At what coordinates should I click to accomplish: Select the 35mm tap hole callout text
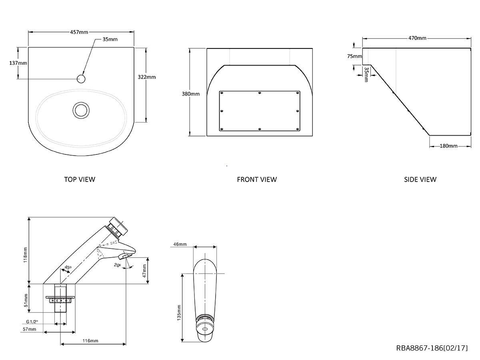coord(110,39)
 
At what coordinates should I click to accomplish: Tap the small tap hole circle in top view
coord(81,78)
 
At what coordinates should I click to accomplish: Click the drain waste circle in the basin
coord(81,109)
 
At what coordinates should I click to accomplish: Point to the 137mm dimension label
coord(18,63)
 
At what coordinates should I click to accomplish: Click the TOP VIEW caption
coord(80,179)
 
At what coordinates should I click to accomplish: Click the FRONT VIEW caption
coord(257,179)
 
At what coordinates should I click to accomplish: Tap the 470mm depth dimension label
coord(417,38)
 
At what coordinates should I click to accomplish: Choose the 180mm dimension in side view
coord(448,146)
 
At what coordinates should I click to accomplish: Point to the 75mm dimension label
coord(354,56)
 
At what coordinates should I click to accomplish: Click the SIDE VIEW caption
coord(420,179)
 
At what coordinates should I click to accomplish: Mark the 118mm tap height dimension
coord(25,254)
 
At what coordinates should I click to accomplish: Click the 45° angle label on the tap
coord(68,268)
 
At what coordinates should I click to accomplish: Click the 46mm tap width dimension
coord(180,244)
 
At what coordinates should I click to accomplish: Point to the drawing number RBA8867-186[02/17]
coord(432,348)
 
